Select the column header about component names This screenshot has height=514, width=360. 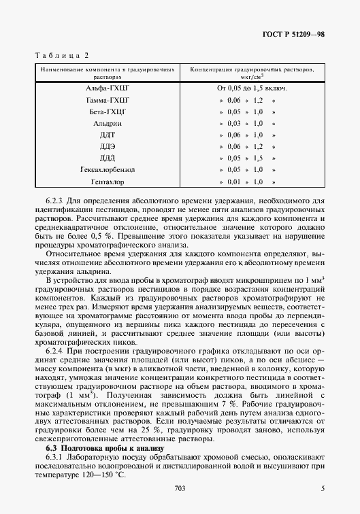point(108,73)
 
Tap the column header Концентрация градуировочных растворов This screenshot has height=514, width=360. point(251,73)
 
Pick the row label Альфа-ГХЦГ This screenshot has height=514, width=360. point(108,88)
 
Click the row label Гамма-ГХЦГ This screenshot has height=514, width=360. point(108,100)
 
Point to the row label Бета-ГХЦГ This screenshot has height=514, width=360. point(108,112)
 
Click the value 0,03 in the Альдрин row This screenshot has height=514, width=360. point(234,124)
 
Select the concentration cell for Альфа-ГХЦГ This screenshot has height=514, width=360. point(251,88)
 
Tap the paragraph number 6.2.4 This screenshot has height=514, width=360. point(55,353)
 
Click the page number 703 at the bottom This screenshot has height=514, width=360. point(180,487)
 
